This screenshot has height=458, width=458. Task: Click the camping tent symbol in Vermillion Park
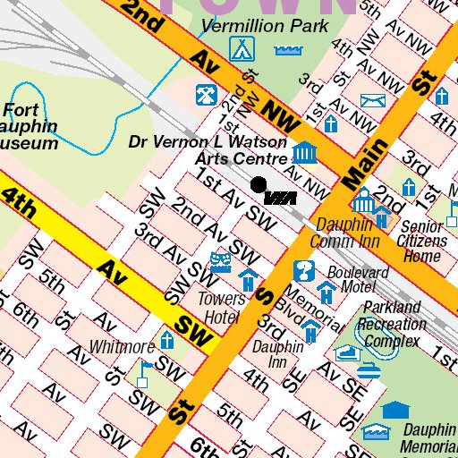(x=241, y=47)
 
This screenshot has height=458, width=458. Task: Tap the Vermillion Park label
(x=265, y=26)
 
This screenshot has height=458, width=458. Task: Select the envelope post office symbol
(x=370, y=100)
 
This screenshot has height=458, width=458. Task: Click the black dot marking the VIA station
(x=259, y=184)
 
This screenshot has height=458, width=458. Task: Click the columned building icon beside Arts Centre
(x=305, y=153)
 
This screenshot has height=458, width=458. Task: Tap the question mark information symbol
(x=304, y=269)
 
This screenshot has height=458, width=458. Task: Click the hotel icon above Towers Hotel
(x=246, y=279)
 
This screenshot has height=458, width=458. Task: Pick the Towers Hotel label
(x=220, y=307)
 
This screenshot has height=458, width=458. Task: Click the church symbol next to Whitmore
(x=167, y=340)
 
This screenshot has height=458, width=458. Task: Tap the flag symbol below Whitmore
(x=142, y=373)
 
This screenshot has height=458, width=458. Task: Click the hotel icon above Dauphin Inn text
(x=310, y=332)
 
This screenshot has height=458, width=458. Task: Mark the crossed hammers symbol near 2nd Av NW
(x=205, y=92)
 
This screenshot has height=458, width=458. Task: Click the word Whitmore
(x=122, y=347)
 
